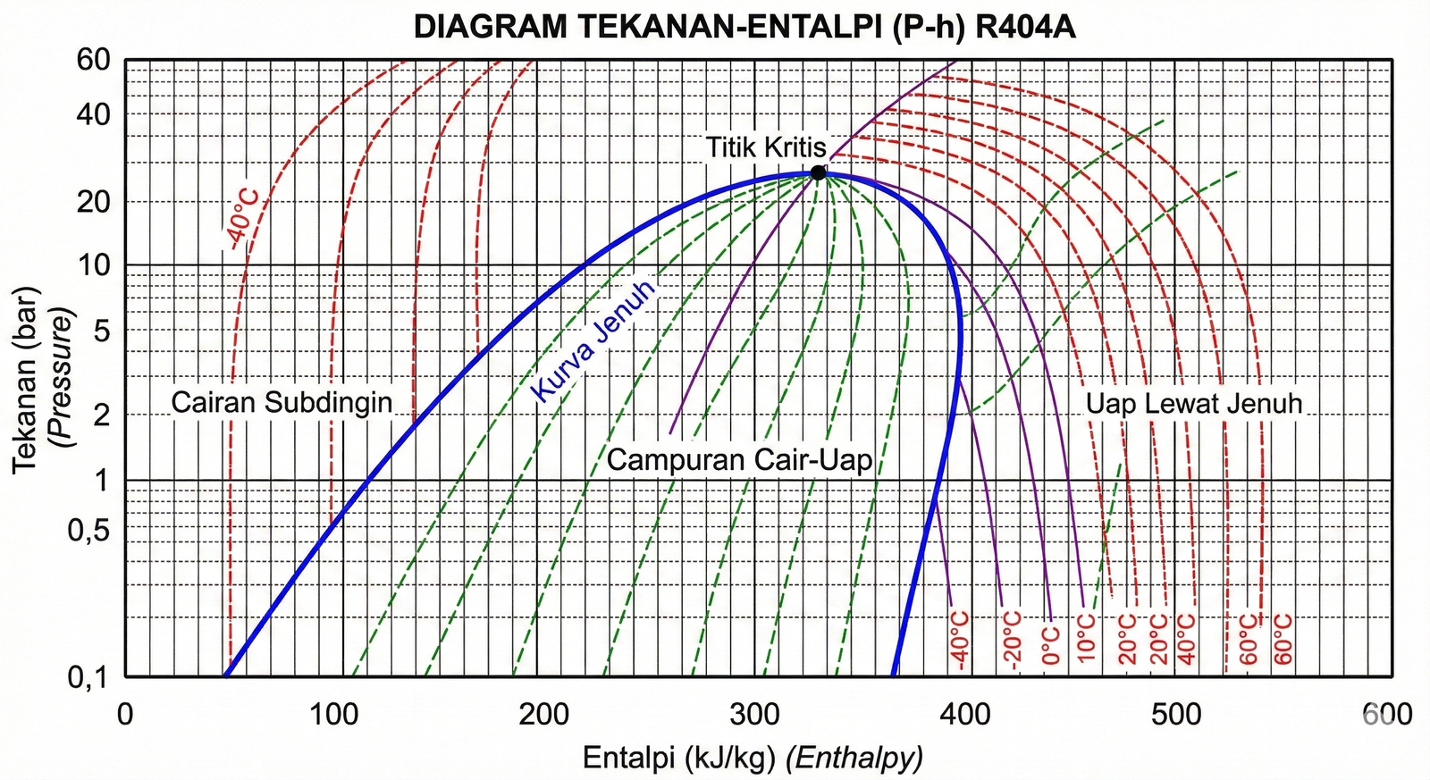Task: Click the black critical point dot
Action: [818, 172]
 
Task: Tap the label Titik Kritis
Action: [766, 147]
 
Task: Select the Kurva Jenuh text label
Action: [594, 340]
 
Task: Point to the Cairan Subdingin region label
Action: [282, 402]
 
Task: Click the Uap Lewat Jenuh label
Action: [1193, 404]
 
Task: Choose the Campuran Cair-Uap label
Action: [739, 460]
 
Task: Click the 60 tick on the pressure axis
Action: [93, 60]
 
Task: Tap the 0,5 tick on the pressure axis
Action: [88, 530]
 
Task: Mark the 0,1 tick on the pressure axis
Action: [88, 677]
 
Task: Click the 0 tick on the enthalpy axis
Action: [125, 714]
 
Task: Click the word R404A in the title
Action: [1025, 28]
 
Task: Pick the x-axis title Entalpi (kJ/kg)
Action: [678, 759]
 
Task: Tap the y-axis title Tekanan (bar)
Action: [26, 380]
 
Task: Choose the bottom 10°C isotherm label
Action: [1086, 638]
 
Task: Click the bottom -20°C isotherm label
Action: [1012, 640]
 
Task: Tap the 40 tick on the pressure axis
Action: [93, 114]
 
